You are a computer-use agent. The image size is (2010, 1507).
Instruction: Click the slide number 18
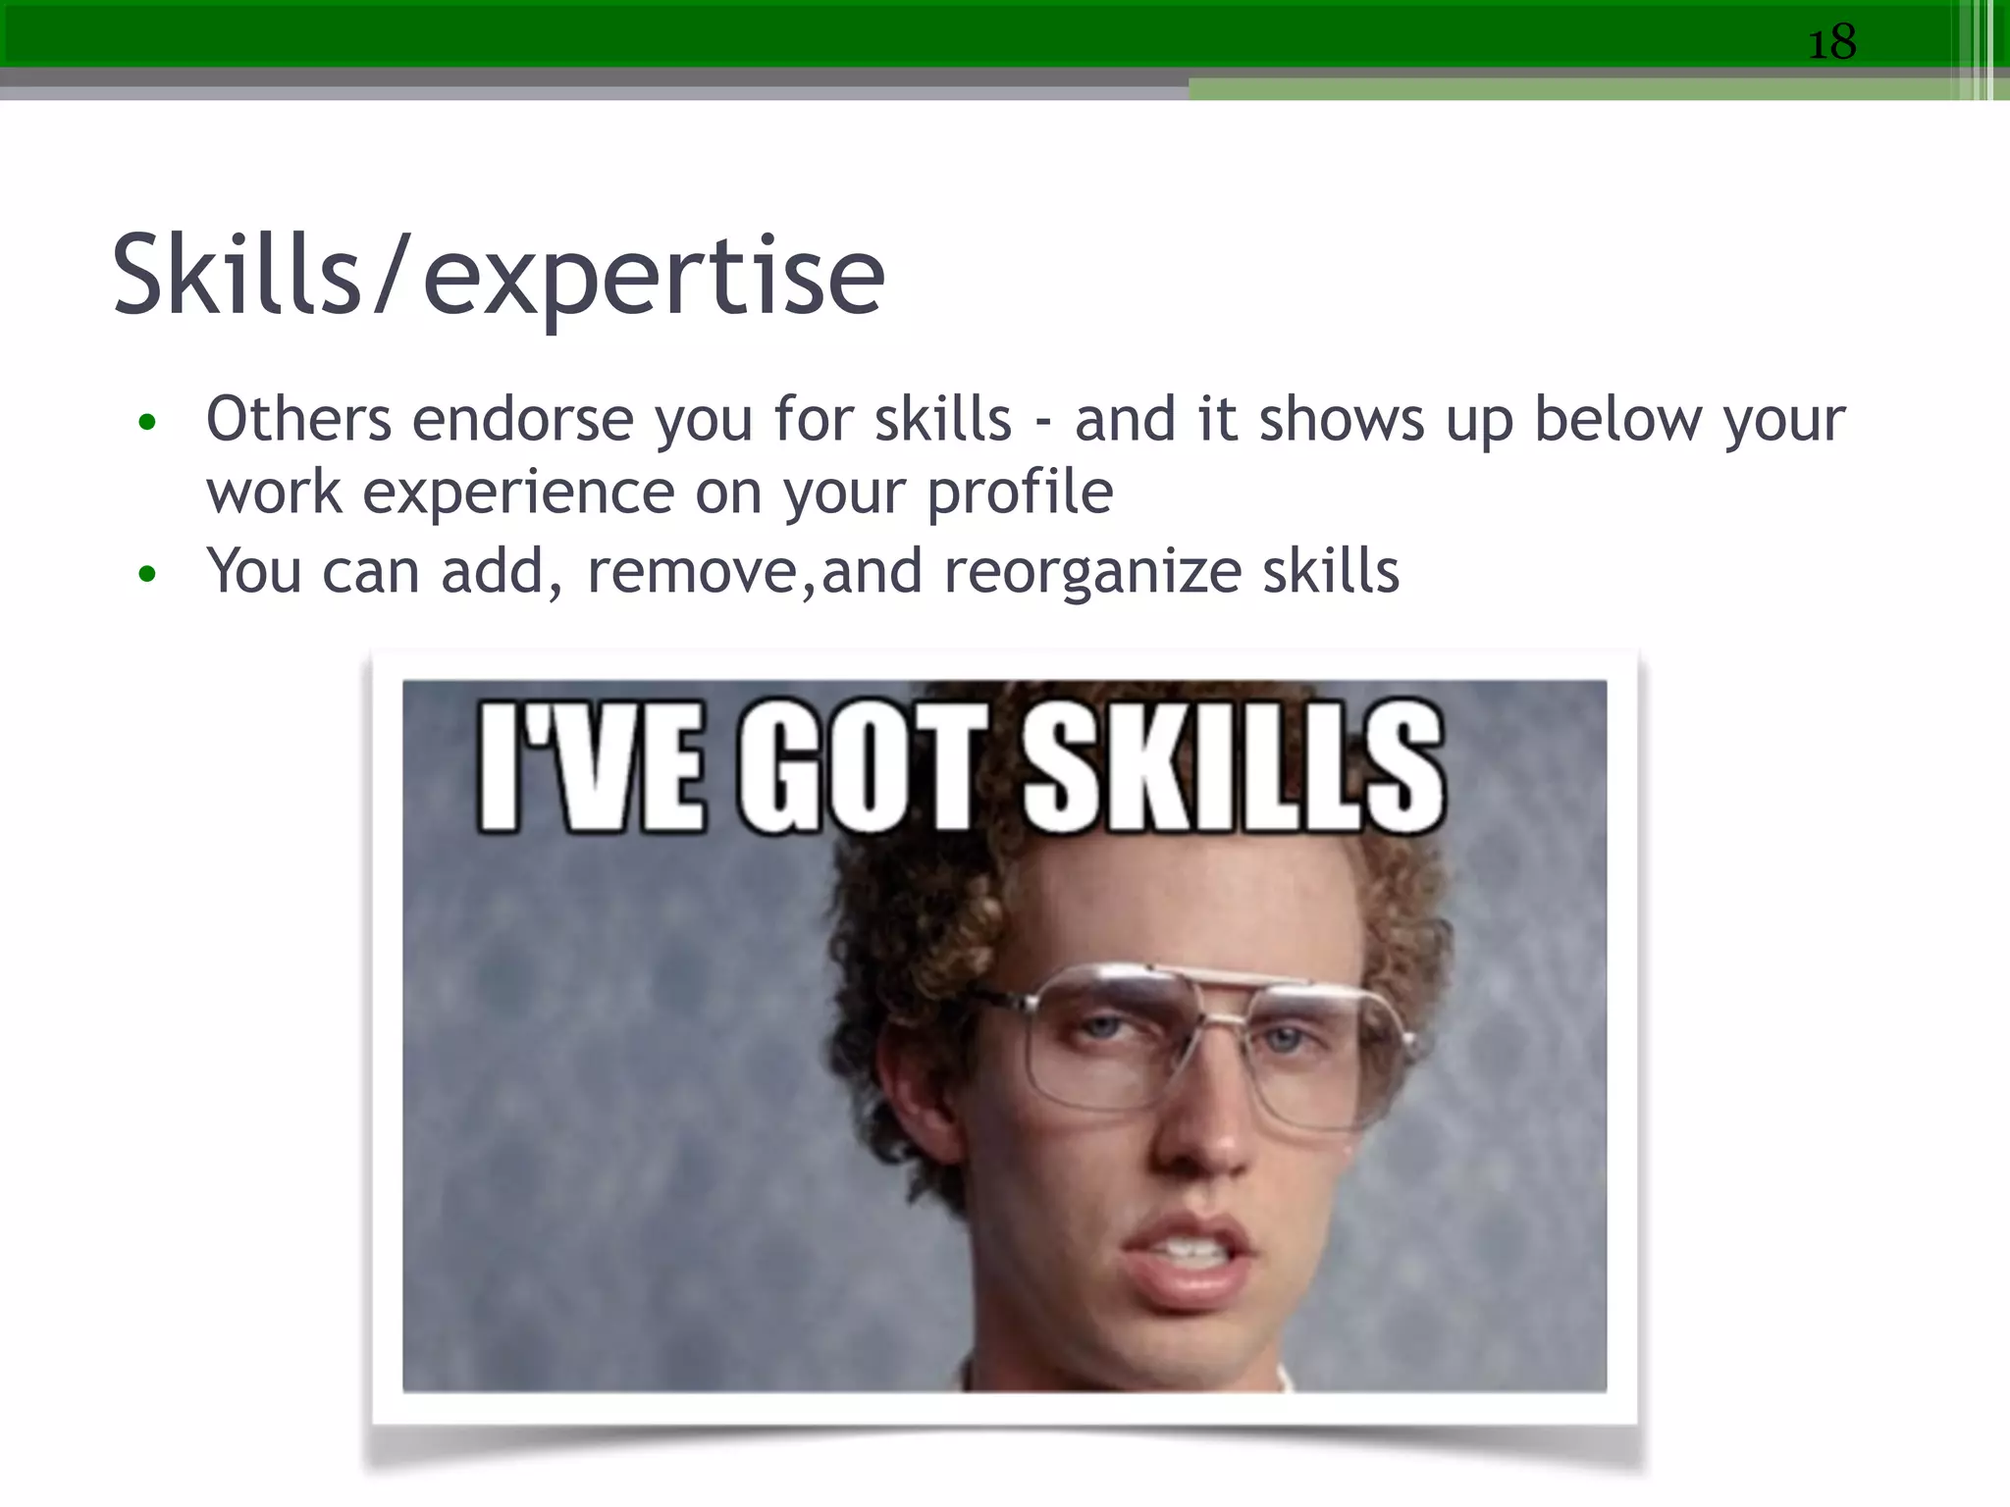point(1831,43)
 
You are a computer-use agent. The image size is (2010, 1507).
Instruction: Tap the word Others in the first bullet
point(298,420)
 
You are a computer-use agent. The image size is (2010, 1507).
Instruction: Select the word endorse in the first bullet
point(522,420)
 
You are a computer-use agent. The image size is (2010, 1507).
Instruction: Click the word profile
point(1020,493)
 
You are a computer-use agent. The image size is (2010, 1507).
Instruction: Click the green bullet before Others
point(147,423)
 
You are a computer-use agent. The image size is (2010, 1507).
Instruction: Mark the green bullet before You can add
point(147,574)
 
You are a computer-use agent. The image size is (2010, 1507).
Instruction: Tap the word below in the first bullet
point(1617,420)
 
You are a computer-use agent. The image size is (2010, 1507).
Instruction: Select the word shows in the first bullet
point(1341,420)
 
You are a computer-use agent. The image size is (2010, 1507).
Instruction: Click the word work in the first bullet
point(274,493)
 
